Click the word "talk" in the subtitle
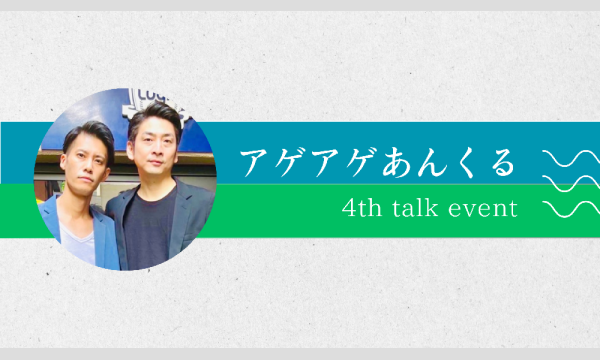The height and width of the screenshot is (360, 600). tap(430, 209)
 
